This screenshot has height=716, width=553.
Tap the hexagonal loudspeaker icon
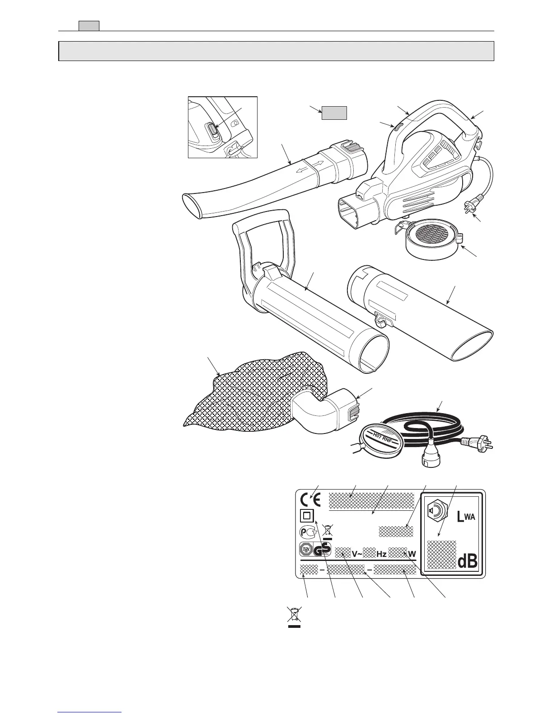click(436, 510)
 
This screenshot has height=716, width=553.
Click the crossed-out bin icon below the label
click(294, 617)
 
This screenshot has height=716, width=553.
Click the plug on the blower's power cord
click(466, 209)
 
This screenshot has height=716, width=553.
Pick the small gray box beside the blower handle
click(334, 113)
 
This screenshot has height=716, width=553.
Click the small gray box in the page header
click(89, 26)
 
